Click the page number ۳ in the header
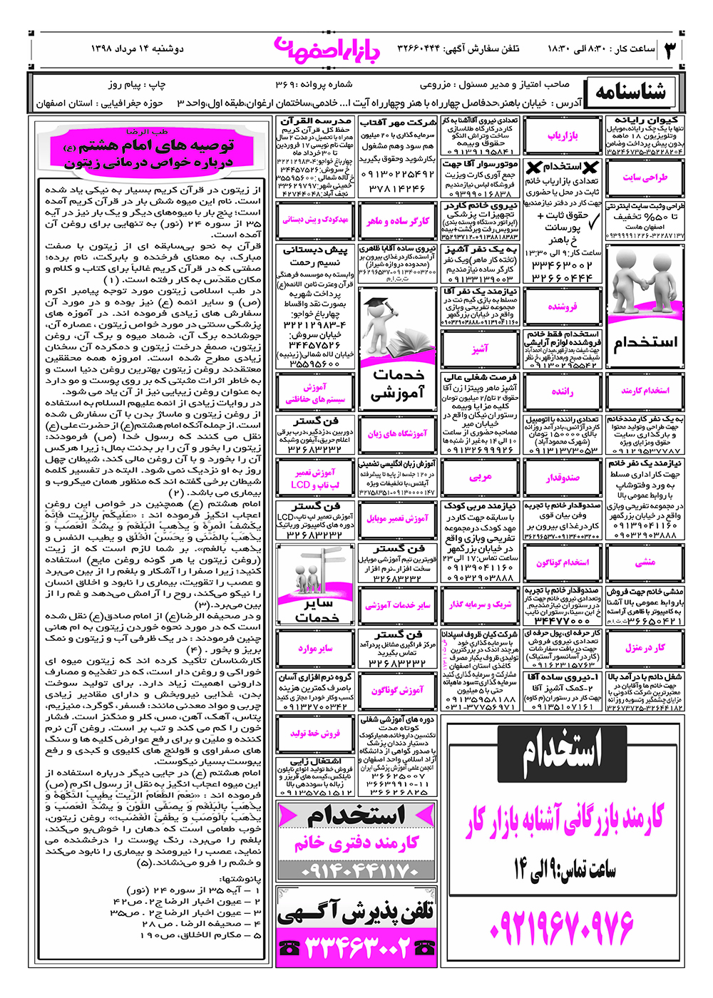pos(672,50)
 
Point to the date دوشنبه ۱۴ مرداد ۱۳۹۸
pos(137,49)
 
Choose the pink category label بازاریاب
pos(563,135)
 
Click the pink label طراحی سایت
pos(645,178)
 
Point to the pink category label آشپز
pos(480,349)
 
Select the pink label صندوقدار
pos(563,478)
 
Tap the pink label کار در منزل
pos(645,648)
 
